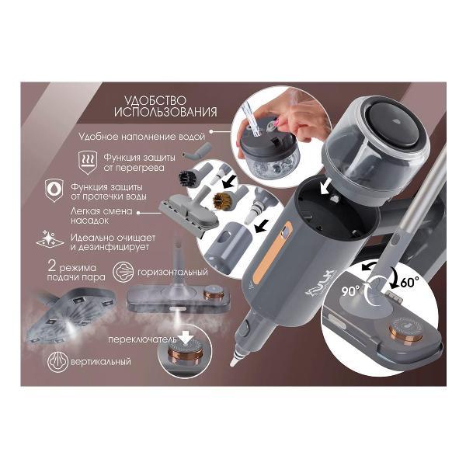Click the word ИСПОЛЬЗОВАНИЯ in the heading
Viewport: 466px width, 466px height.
pyautogui.click(x=165, y=113)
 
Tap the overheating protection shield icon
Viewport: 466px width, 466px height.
pyautogui.click(x=88, y=162)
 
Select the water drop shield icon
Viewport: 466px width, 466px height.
pyautogui.click(x=54, y=190)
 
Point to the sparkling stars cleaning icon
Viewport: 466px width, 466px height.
pyautogui.click(x=50, y=239)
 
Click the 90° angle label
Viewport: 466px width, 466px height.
pyautogui.click(x=350, y=291)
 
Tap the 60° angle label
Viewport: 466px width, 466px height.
pyautogui.click(x=409, y=282)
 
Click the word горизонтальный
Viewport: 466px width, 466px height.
pyautogui.click(x=172, y=273)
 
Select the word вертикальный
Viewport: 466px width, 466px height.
pyautogui.click(x=101, y=362)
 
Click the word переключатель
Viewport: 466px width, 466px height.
pyautogui.click(x=142, y=339)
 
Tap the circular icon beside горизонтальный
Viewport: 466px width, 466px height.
pyautogui.click(x=123, y=272)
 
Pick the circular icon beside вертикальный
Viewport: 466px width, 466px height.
pyautogui.click(x=58, y=362)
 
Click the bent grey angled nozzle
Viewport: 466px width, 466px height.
pyautogui.click(x=197, y=151)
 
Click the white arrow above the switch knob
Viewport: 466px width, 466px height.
pyautogui.click(x=186, y=338)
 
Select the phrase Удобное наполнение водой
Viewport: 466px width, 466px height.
pyautogui.click(x=142, y=137)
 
